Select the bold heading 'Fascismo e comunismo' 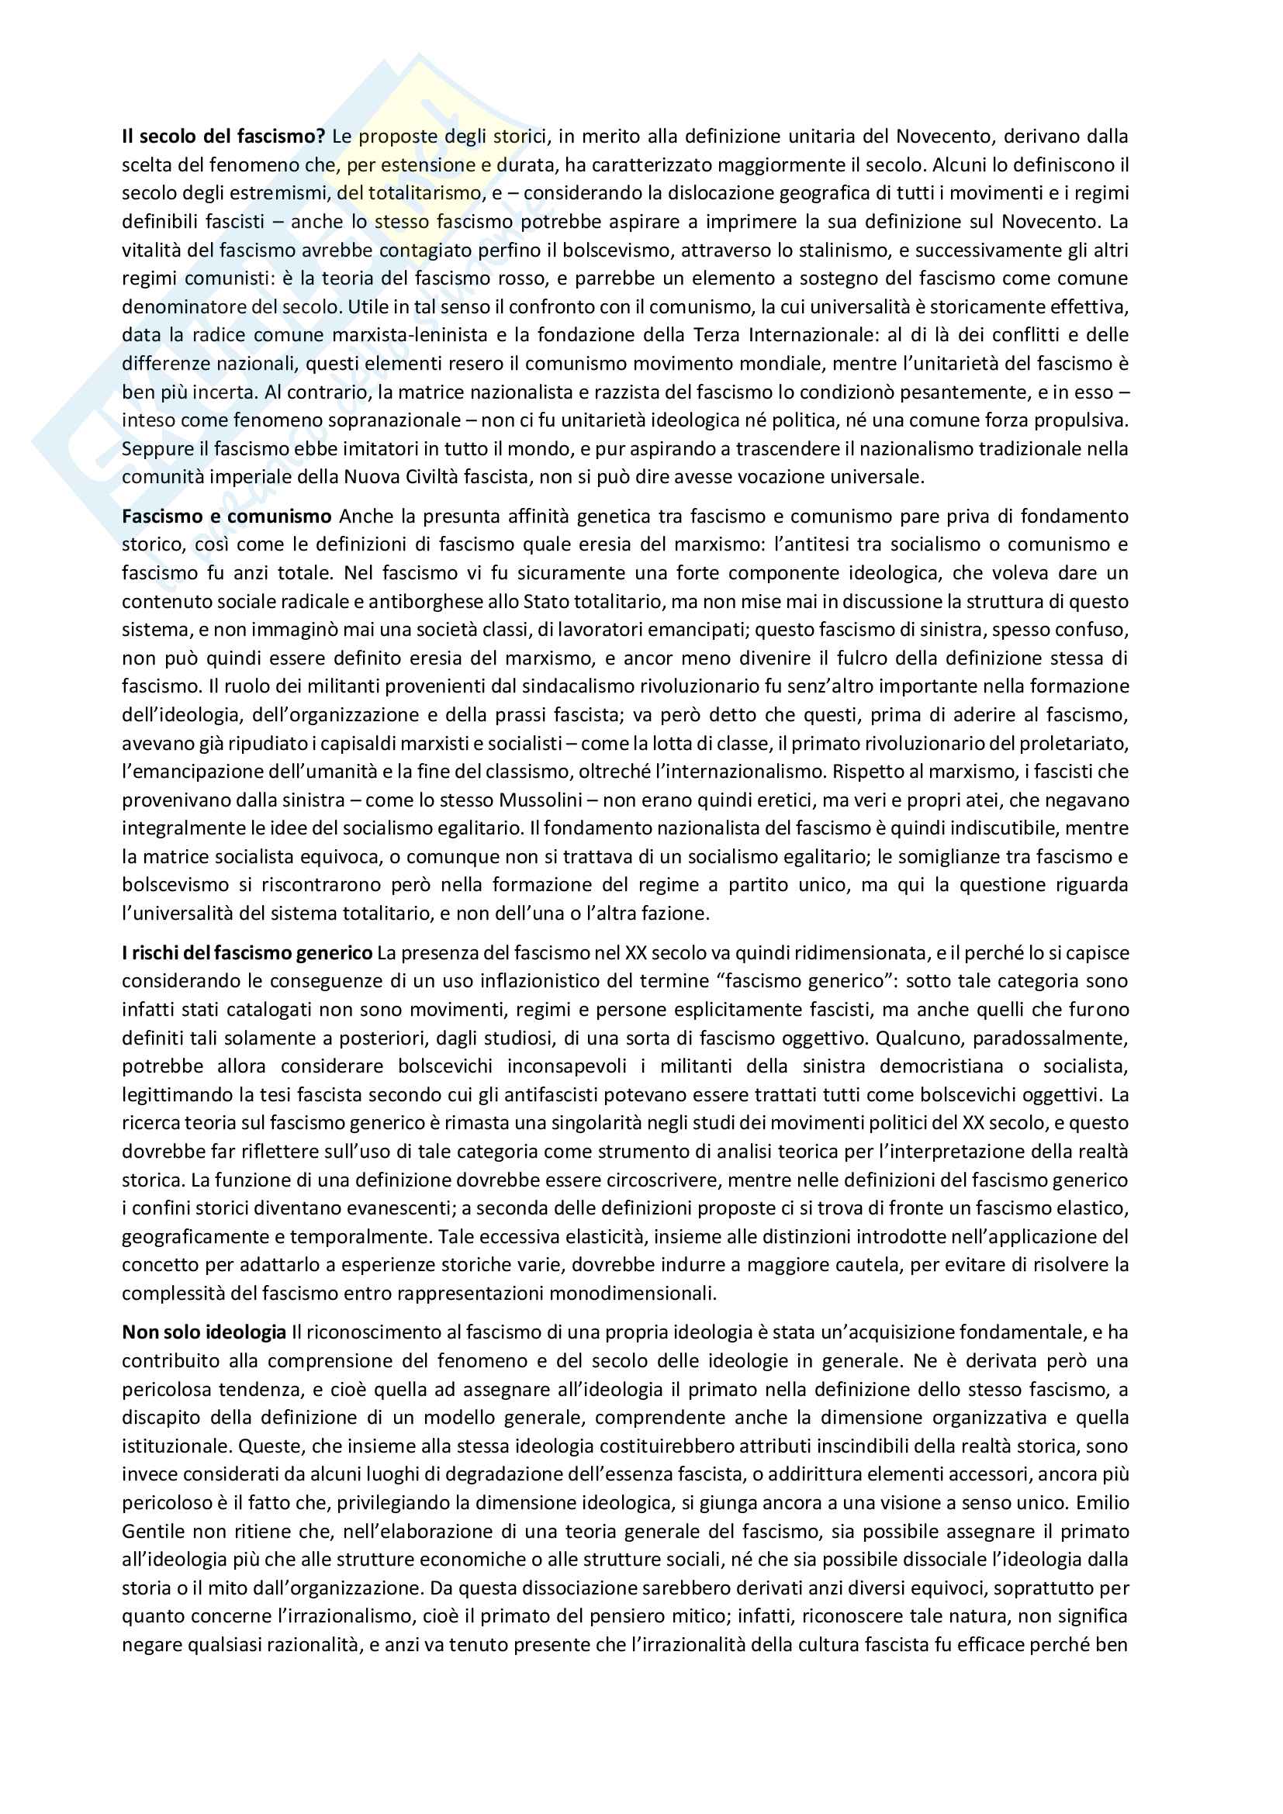click(x=227, y=517)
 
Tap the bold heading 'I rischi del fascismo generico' click(x=247, y=953)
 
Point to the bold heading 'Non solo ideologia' click(x=204, y=1333)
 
